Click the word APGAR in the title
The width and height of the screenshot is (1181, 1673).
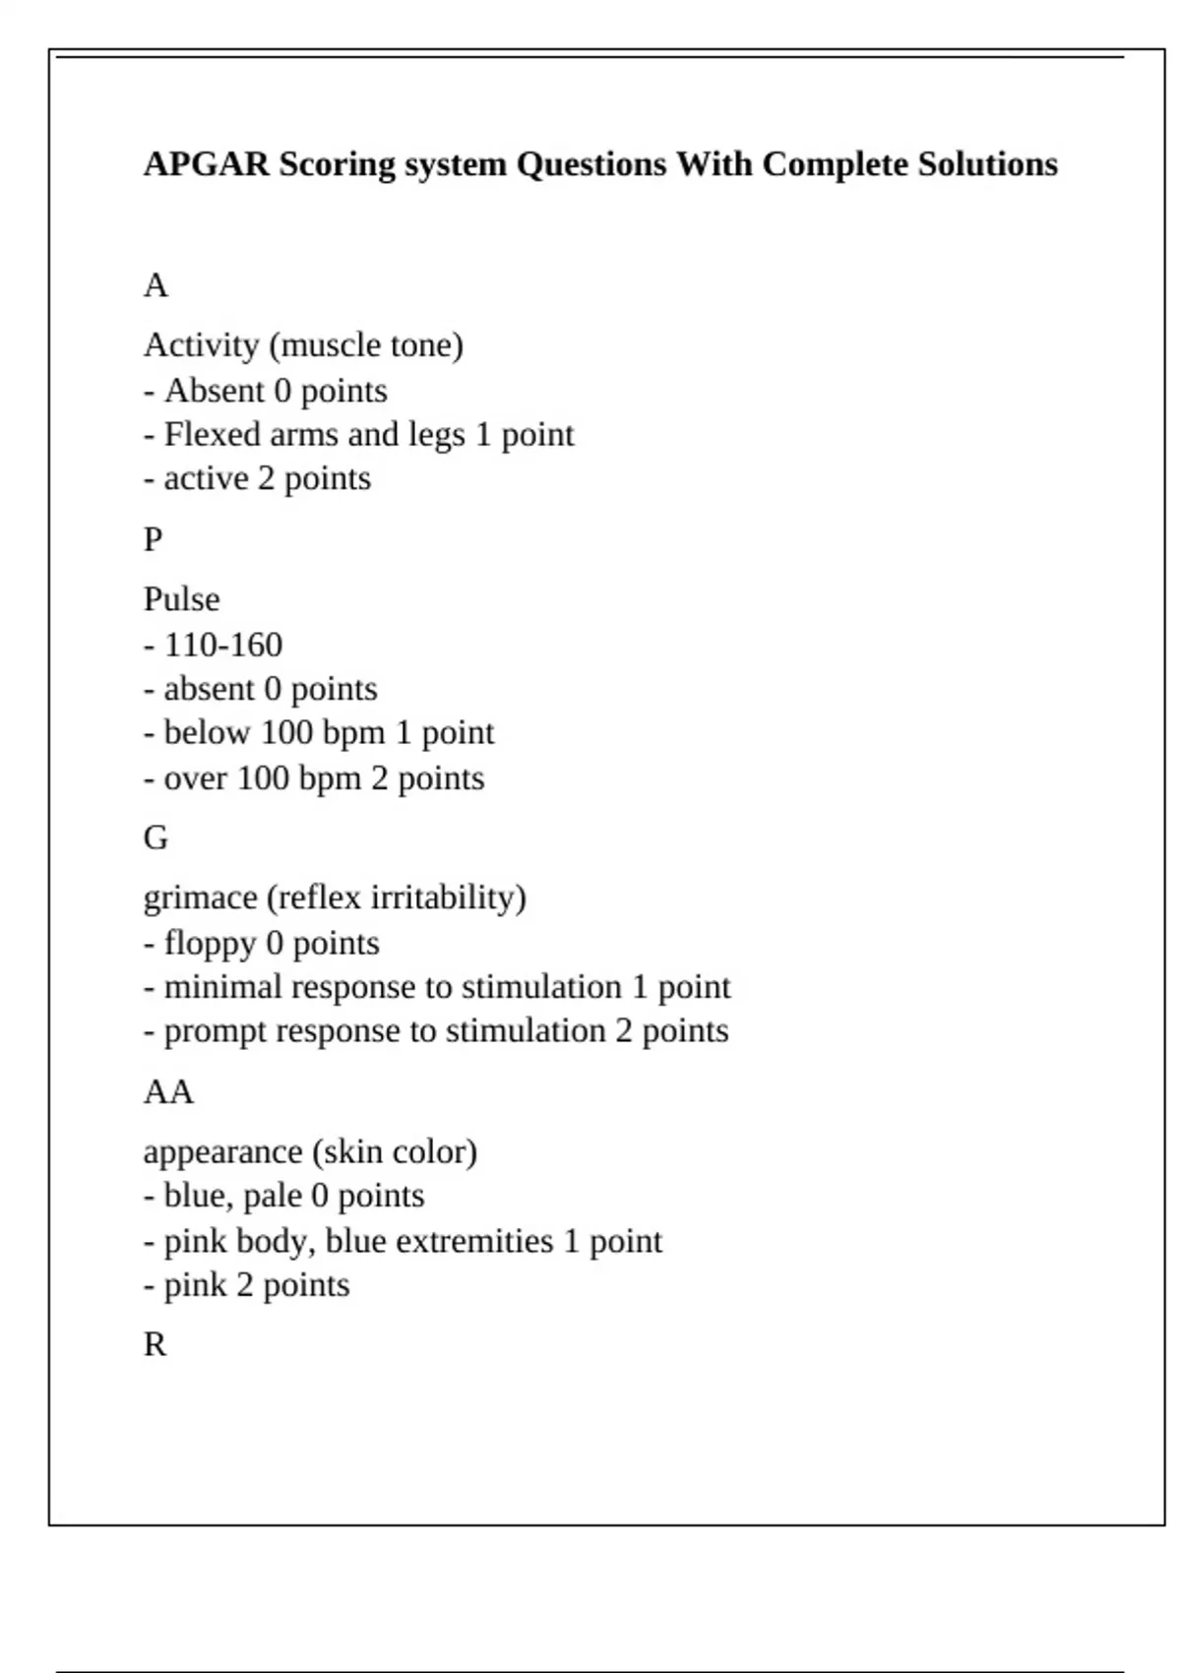206,164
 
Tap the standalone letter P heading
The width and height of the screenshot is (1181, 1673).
153,540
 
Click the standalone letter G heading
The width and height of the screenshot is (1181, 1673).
155,838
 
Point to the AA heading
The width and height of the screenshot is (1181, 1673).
168,1092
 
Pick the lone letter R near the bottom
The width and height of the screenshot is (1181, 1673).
155,1345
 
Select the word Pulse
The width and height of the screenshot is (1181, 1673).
181,599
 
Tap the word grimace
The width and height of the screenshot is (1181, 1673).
200,898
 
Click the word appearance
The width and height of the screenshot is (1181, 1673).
222,1152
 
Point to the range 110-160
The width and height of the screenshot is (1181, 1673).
223,646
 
